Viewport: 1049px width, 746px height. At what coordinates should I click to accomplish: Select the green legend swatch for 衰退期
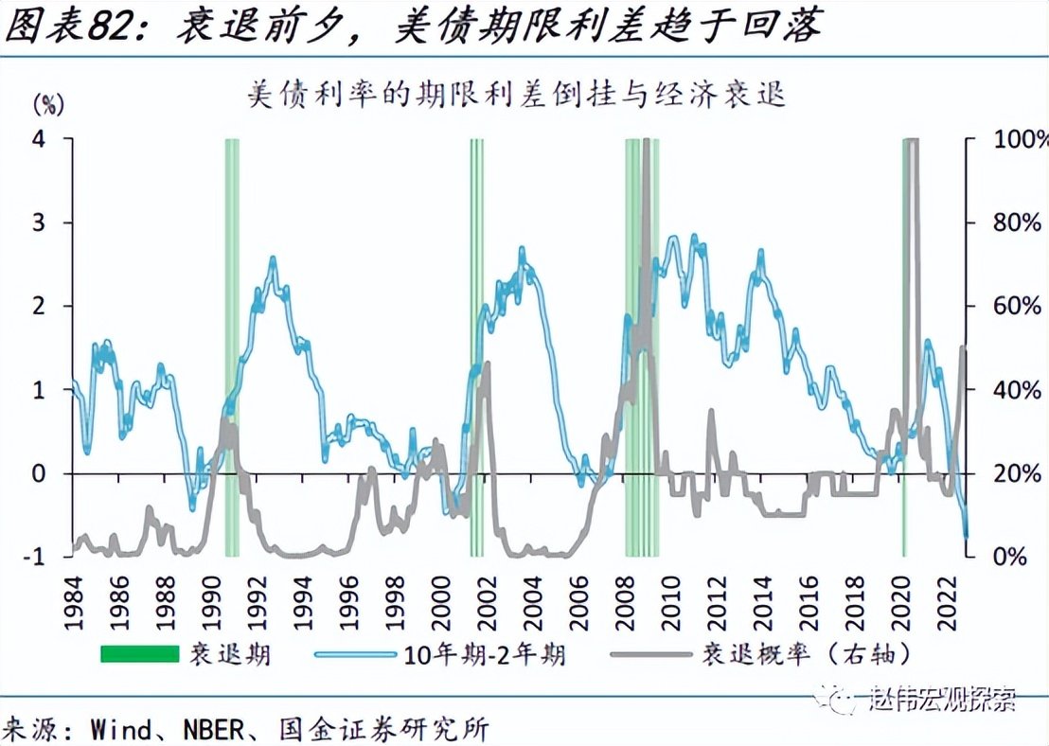[140, 653]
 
